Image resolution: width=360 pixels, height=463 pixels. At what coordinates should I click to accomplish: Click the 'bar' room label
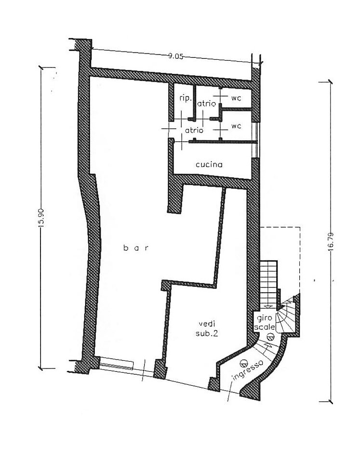pyautogui.click(x=136, y=248)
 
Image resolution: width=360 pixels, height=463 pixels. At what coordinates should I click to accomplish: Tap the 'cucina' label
pyautogui.click(x=209, y=164)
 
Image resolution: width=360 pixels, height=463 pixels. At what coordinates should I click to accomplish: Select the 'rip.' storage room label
pyautogui.click(x=186, y=98)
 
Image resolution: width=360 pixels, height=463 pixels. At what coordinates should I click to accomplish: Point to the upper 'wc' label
pyautogui.click(x=236, y=98)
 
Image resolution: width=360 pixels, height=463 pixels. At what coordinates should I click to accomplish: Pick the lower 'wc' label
pyautogui.click(x=236, y=126)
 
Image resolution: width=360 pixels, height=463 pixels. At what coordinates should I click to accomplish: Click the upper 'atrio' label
pyautogui.click(x=207, y=104)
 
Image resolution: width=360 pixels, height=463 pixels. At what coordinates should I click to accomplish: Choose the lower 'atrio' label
pyautogui.click(x=194, y=130)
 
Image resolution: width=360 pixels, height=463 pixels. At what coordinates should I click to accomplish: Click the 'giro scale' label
pyautogui.click(x=265, y=323)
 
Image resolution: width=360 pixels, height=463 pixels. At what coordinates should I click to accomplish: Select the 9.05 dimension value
pyautogui.click(x=176, y=56)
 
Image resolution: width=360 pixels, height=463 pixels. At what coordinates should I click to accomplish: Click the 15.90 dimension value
pyautogui.click(x=41, y=218)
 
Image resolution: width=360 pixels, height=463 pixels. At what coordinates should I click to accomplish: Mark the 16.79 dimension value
pyautogui.click(x=331, y=242)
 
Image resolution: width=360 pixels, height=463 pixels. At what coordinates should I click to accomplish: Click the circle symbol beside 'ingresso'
pyautogui.click(x=243, y=362)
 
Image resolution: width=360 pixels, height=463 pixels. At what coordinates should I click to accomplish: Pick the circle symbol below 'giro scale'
pyautogui.click(x=270, y=336)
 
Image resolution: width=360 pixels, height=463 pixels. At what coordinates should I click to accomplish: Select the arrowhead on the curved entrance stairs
pyautogui.click(x=268, y=344)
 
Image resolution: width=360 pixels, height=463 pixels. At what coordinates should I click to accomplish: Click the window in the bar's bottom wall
pyautogui.click(x=117, y=364)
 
